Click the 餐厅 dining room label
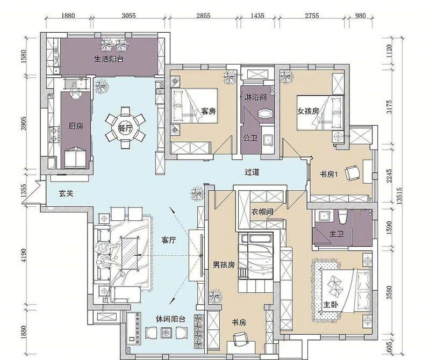(125, 128)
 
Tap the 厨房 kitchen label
(76, 126)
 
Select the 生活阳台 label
(109, 59)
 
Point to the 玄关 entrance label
(66, 193)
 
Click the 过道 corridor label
(252, 172)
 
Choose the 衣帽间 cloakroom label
(262, 212)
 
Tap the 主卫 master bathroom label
(336, 234)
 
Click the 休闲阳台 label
(170, 319)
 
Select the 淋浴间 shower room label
(255, 97)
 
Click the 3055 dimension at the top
(128, 16)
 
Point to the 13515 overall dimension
(399, 196)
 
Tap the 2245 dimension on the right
(389, 176)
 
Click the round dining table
(125, 128)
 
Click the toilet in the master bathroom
(342, 217)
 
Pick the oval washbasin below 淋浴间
(265, 114)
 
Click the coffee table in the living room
(130, 254)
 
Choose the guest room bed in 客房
(195, 105)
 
